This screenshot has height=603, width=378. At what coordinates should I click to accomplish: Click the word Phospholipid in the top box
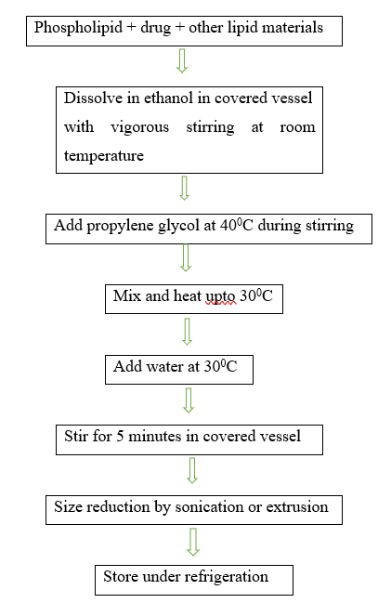[x=78, y=29]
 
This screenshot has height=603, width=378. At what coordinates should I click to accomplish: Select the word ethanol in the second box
[x=168, y=98]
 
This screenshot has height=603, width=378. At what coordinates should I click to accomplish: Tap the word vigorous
[x=140, y=128]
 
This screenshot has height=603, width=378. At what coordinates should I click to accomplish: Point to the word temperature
[x=104, y=156]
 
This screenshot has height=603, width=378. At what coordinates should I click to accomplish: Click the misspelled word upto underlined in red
[x=221, y=297]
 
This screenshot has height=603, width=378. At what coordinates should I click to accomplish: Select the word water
[x=165, y=366]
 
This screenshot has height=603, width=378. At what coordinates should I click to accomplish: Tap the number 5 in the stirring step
[x=120, y=437]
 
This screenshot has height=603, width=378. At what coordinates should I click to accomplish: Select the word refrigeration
[x=227, y=577]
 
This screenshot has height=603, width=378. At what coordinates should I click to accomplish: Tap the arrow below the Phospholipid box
[x=182, y=60]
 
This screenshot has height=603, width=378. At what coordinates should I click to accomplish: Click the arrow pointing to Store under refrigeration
[x=193, y=542]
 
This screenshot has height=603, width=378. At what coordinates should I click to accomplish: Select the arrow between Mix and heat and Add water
[x=187, y=332]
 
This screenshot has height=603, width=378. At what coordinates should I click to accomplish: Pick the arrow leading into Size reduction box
[x=192, y=470]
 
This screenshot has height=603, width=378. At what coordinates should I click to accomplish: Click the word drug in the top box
[x=156, y=29]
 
